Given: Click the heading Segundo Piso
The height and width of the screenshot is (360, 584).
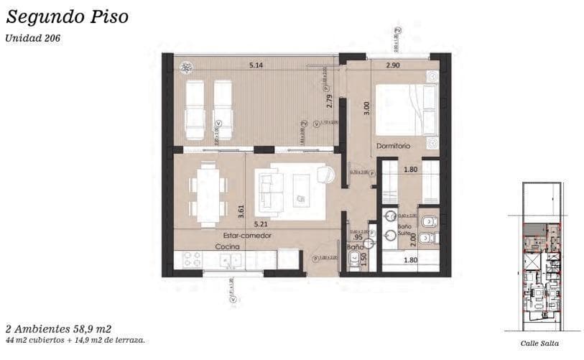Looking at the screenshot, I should (67, 17).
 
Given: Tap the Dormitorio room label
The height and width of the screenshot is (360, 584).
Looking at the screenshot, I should (393, 146).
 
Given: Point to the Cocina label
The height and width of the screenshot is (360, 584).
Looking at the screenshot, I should (228, 246).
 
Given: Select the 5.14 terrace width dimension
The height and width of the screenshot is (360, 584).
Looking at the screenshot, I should (256, 65).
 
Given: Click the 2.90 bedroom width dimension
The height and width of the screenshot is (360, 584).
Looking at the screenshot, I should (392, 65).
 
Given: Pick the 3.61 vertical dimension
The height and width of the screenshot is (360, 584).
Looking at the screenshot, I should (241, 211).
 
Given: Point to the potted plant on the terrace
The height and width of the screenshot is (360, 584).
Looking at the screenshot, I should (187, 68).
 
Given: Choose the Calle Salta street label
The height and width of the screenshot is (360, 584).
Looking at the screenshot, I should (539, 344).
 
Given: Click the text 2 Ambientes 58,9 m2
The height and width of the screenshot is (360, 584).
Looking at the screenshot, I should (59, 327).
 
